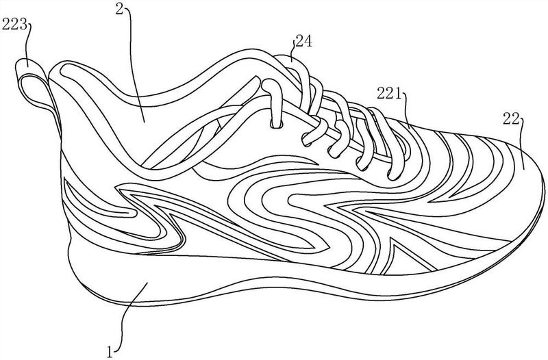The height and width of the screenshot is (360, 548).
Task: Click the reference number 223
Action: coord(14,25)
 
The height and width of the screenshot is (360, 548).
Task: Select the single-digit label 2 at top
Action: coord(120,10)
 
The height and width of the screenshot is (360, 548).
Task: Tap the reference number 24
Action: coord(303,41)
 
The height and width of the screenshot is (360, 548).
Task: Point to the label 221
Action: coord(389,94)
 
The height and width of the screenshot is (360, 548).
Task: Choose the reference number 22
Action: coord(511,118)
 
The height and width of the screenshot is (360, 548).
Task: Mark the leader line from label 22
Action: coord(523,143)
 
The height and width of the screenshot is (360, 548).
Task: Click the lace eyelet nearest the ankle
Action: coord(277,125)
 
